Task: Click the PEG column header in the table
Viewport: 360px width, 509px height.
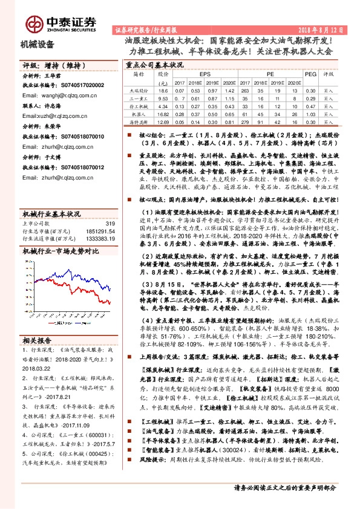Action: [310, 74]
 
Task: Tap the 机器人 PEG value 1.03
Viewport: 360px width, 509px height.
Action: [310, 113]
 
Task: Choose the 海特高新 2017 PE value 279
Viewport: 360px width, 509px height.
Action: [244, 122]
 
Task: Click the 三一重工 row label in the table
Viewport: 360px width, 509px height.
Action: [139, 97]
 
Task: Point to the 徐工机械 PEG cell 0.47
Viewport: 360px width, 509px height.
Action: [310, 105]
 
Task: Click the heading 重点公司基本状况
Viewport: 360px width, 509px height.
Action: [154, 64]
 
